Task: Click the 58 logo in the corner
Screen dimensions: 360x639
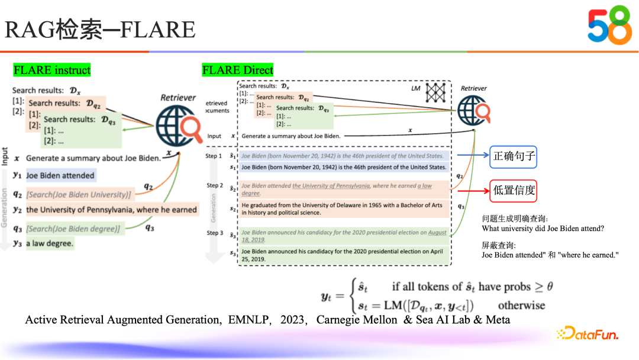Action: tap(609, 27)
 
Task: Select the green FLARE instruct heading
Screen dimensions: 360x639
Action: tap(52, 70)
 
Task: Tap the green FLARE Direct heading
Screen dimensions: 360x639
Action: tap(238, 70)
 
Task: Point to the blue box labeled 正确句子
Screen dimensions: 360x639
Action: tap(514, 156)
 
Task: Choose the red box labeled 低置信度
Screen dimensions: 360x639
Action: tap(514, 190)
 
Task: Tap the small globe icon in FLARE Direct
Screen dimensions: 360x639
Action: tap(473, 111)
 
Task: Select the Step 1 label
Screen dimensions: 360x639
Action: tap(215, 156)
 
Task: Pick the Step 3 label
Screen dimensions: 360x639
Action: tap(215, 233)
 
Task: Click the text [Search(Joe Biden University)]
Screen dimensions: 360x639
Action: tap(79, 194)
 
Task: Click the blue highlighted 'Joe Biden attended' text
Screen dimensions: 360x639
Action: tap(60, 175)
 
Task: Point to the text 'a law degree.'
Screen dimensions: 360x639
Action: tap(50, 243)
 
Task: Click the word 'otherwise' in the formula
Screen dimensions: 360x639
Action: tap(521, 306)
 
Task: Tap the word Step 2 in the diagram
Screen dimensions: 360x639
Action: tap(215, 185)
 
